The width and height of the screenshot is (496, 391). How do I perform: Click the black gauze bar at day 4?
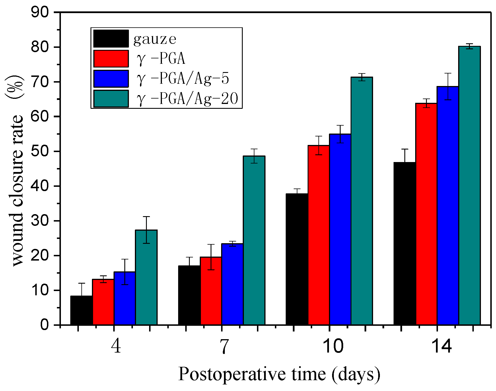point(81,310)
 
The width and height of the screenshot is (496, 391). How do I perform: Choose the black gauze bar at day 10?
point(297,259)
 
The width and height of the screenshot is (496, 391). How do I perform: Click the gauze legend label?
point(155,39)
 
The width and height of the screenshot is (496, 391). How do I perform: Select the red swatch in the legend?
point(111,59)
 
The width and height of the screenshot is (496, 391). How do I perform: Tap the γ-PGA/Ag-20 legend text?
point(187,99)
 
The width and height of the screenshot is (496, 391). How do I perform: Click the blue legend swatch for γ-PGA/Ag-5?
point(111,79)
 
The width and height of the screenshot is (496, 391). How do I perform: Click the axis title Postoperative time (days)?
point(279,374)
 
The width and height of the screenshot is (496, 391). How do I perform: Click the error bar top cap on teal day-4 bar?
point(146,217)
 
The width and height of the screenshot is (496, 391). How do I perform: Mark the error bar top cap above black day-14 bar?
point(405,149)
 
